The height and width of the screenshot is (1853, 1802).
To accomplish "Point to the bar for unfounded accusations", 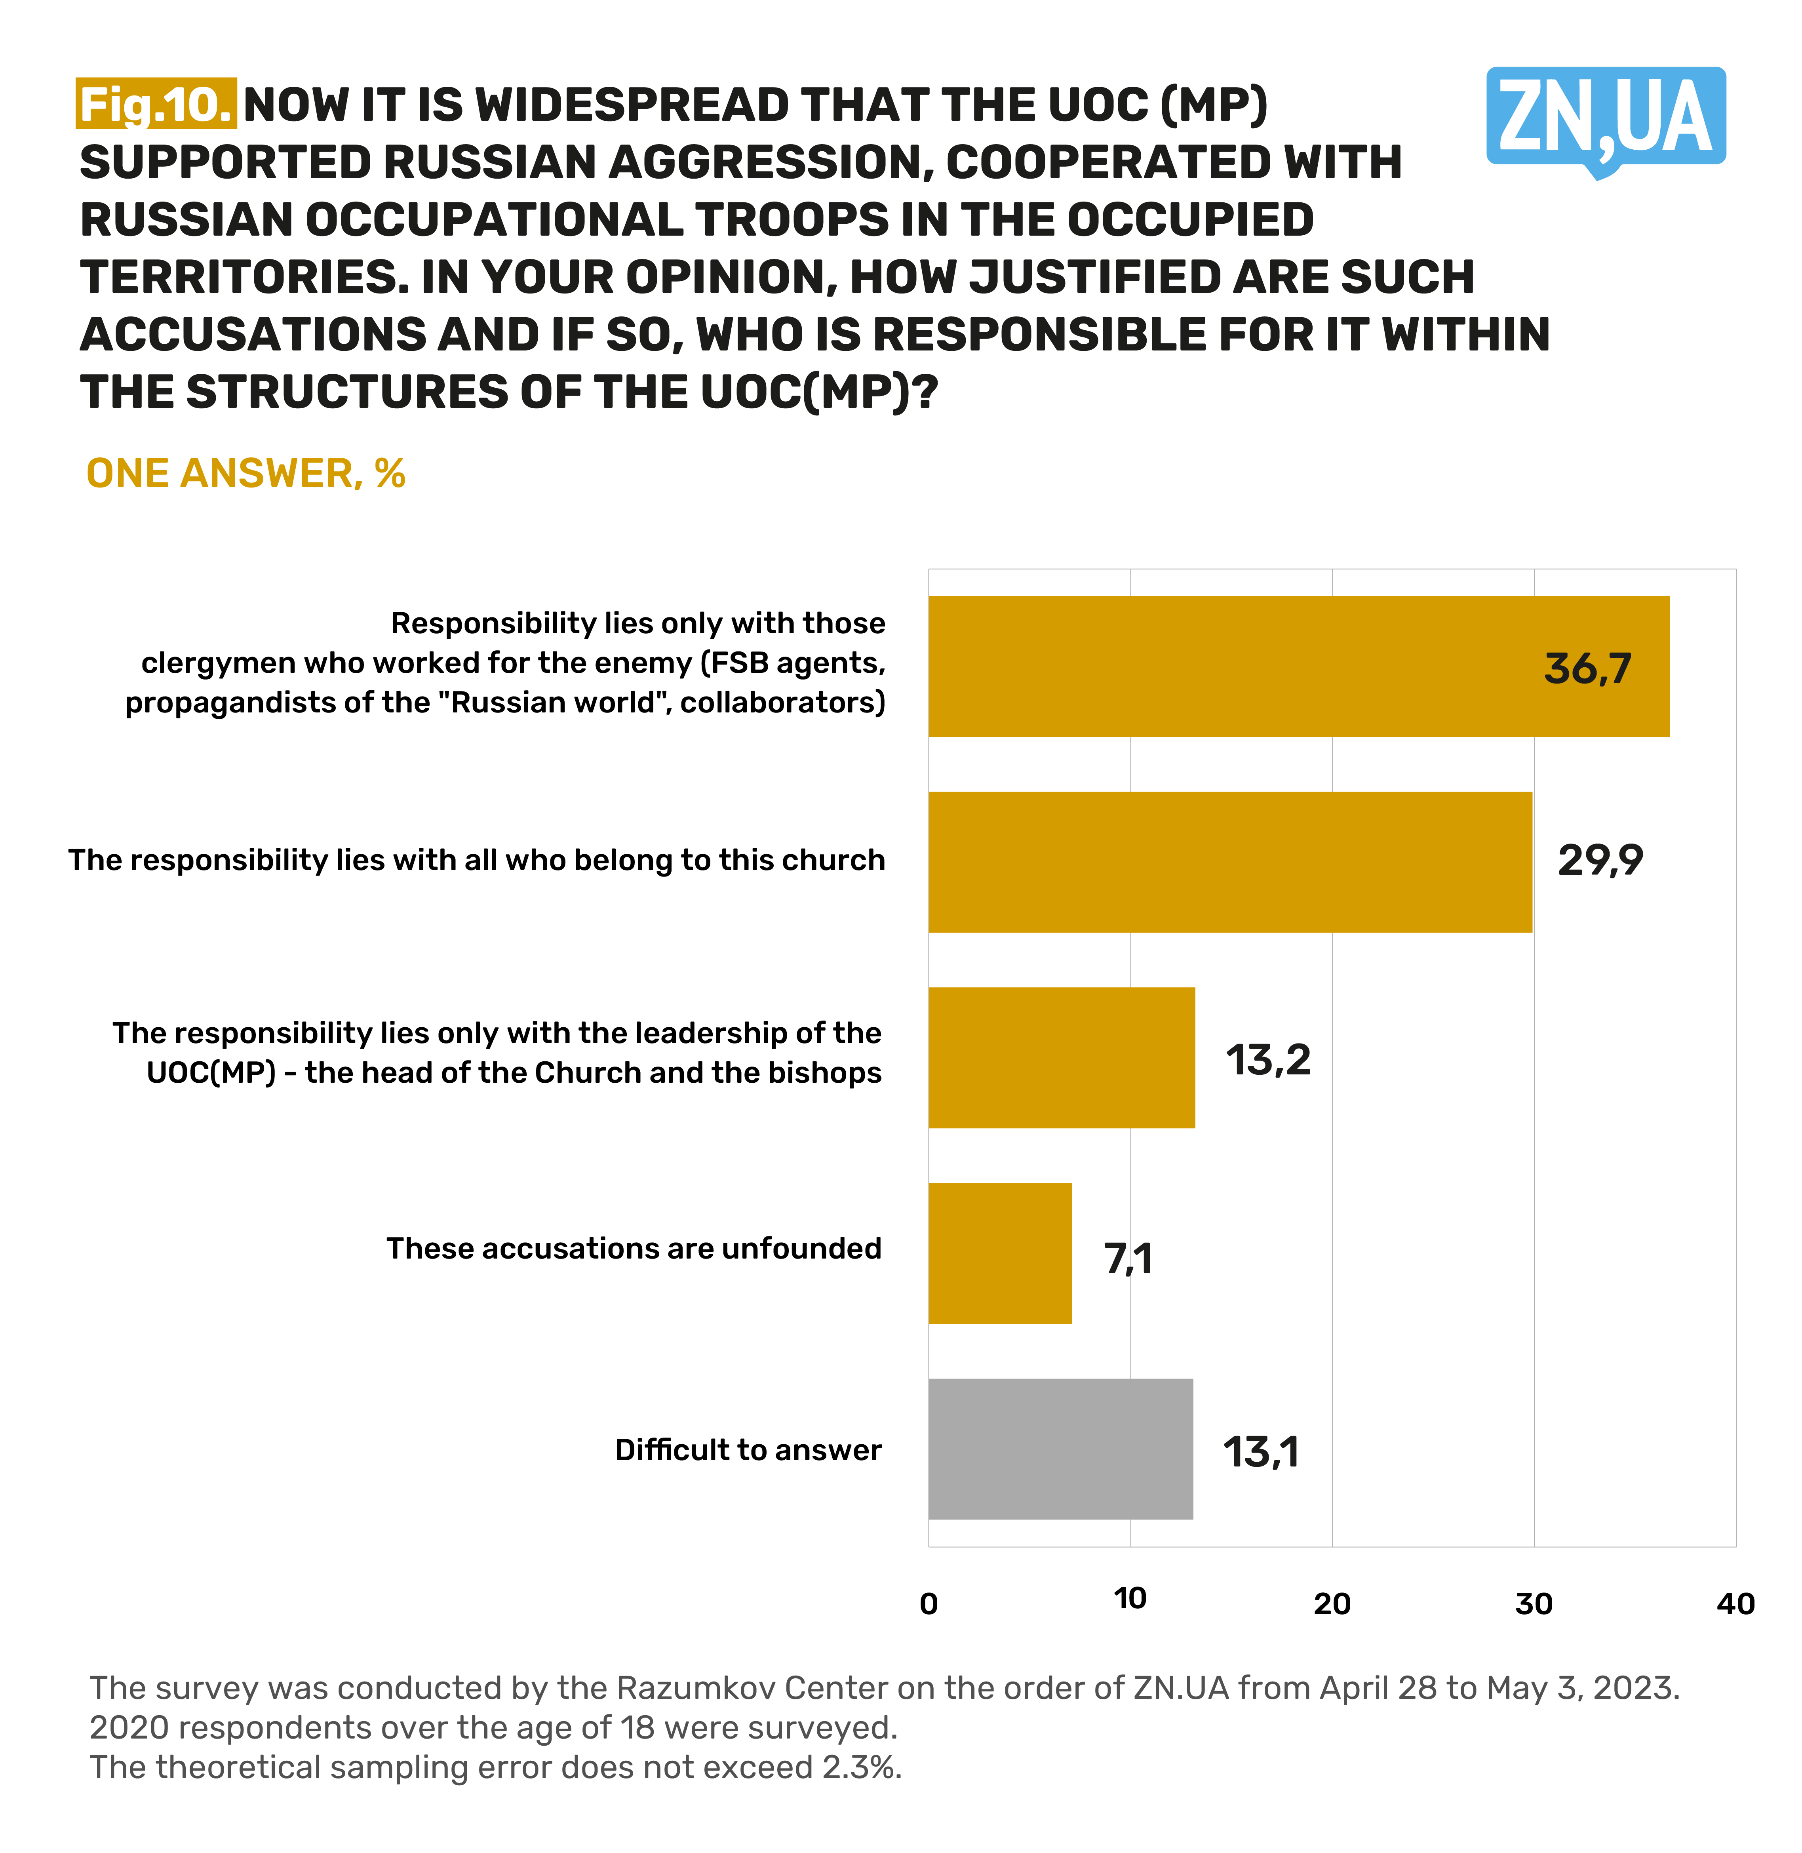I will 999,1253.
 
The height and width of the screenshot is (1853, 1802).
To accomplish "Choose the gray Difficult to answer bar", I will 1060,1449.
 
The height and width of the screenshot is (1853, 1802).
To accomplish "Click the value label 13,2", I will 1268,1060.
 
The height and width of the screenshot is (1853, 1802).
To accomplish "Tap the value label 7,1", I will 1128,1259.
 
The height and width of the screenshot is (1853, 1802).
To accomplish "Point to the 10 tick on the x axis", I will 1130,1598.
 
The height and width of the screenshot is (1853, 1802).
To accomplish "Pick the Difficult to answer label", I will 748,1450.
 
